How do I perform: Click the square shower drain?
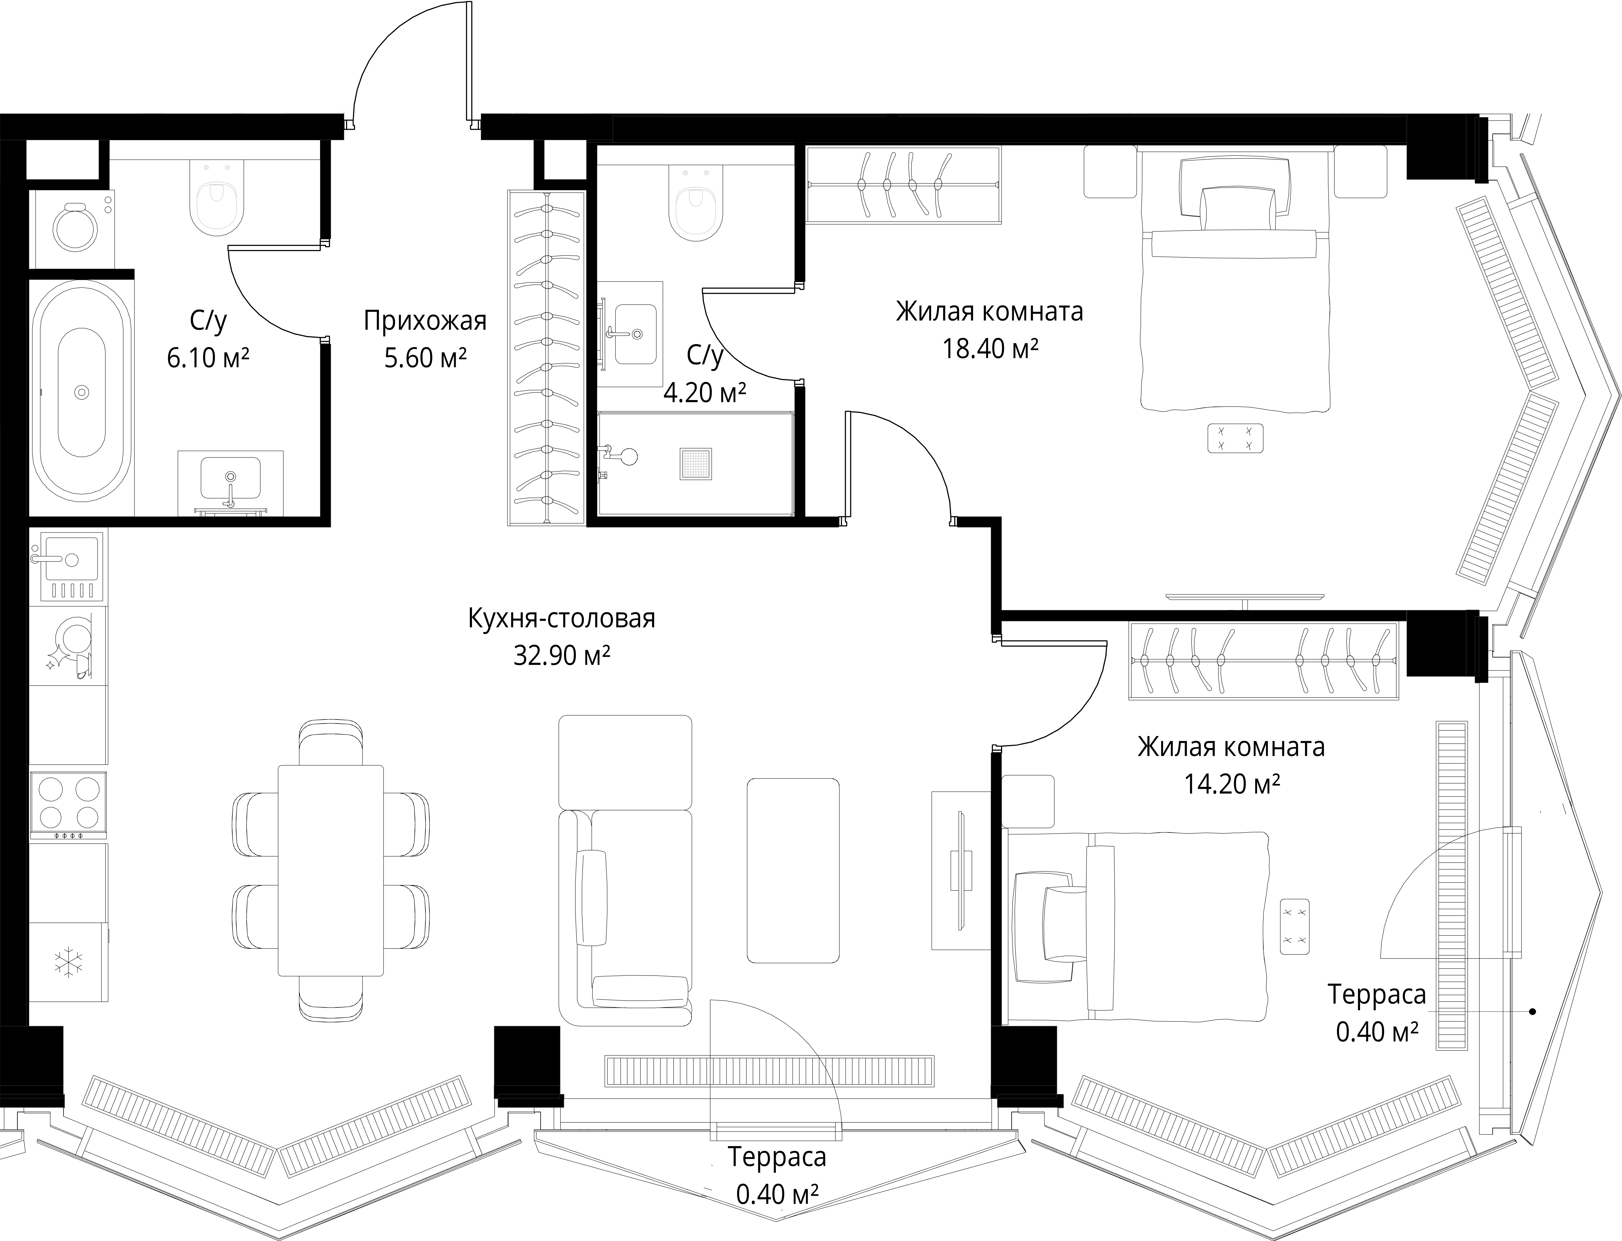point(696,464)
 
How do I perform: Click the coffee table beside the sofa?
point(793,870)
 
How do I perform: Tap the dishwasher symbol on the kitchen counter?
point(68,644)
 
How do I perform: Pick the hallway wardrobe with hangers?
point(547,358)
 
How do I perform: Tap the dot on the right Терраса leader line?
point(1533,1011)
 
